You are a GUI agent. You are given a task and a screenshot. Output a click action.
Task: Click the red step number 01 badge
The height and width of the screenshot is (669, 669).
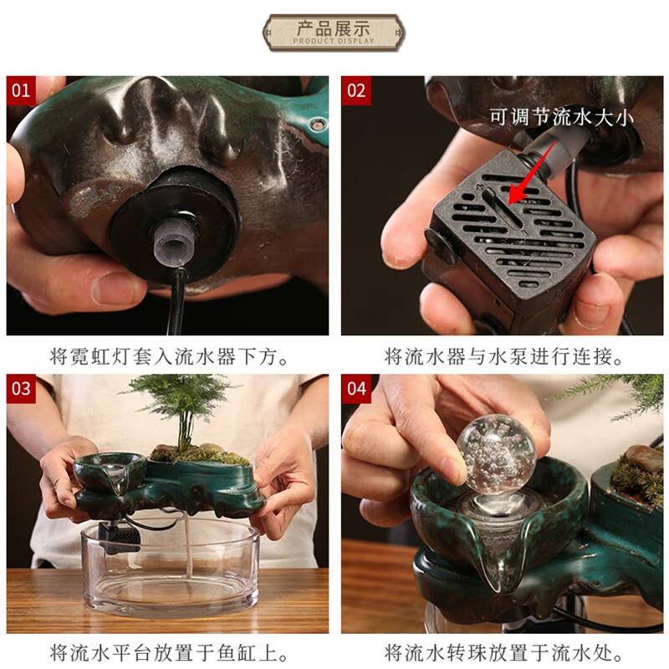tap(21, 89)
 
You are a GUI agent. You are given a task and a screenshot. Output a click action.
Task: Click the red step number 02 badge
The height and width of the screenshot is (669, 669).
tap(356, 89)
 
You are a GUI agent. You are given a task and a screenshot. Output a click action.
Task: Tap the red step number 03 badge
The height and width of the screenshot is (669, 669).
tap(21, 389)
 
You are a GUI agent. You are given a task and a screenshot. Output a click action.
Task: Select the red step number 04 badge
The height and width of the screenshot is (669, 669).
tap(356, 389)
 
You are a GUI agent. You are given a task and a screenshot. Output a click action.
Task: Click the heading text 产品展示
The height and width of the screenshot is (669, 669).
tap(334, 27)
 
